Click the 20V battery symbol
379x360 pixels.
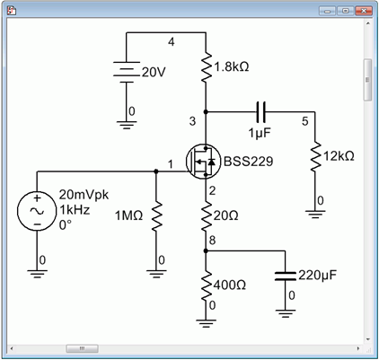click(x=127, y=72)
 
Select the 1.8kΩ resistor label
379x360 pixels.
click(x=232, y=66)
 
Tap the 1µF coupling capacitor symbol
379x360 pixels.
click(x=260, y=112)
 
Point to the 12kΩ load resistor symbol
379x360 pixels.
click(x=314, y=156)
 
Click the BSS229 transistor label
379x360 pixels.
click(x=248, y=162)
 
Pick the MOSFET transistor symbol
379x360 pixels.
click(x=203, y=162)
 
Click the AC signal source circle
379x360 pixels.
click(x=37, y=211)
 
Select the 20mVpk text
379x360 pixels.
click(x=84, y=195)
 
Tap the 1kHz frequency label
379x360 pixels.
click(x=75, y=210)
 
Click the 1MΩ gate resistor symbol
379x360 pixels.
click(x=156, y=216)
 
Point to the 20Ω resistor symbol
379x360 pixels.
click(x=206, y=216)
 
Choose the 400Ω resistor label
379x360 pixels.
click(x=230, y=285)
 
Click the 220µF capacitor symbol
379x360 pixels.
click(x=286, y=277)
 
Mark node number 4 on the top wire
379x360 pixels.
click(x=171, y=42)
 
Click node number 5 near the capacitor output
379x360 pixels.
click(x=304, y=121)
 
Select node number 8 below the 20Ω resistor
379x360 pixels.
click(x=212, y=240)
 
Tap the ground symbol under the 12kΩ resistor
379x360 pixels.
click(x=314, y=215)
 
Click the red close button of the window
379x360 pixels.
click(x=364, y=11)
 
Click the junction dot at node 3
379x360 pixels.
click(x=206, y=112)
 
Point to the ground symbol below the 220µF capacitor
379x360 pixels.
click(x=286, y=313)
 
